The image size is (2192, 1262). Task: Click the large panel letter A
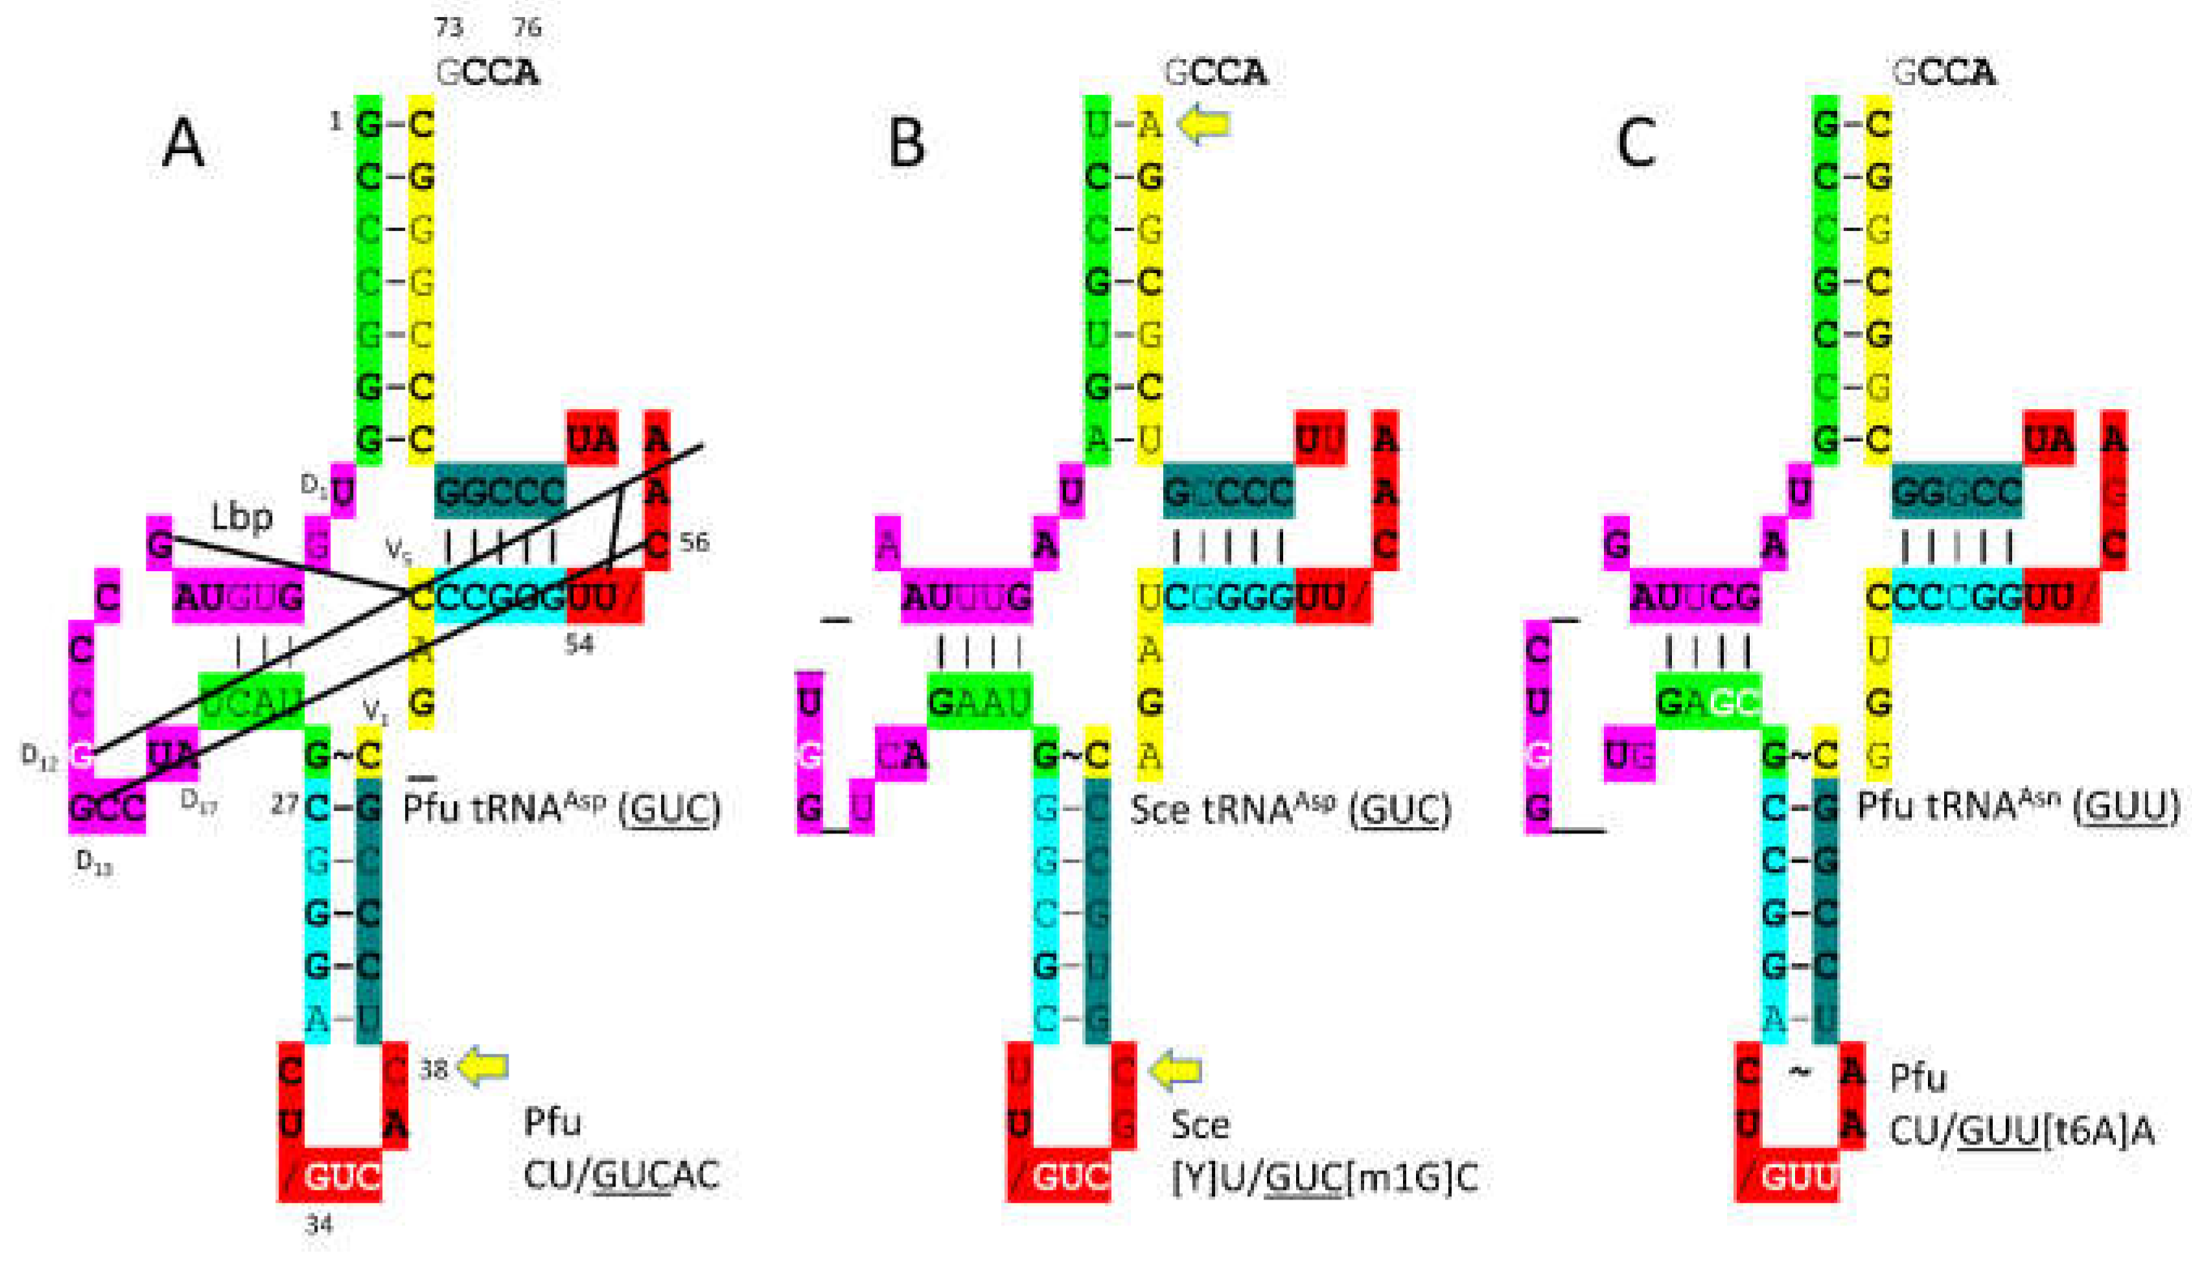[183, 144]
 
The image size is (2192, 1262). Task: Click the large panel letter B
[906, 144]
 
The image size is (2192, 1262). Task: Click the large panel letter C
[1636, 144]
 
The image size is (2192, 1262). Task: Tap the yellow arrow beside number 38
[484, 1067]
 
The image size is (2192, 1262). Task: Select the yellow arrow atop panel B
[1204, 124]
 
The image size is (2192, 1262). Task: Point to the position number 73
[449, 28]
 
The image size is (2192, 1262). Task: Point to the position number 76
[527, 28]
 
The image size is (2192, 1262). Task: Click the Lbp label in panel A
[242, 518]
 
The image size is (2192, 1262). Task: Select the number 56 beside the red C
[694, 543]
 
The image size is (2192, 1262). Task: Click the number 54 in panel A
[579, 644]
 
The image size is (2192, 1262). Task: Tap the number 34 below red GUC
[319, 1225]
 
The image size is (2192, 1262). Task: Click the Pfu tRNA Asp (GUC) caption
[561, 809]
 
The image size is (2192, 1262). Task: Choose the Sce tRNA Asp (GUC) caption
[1290, 809]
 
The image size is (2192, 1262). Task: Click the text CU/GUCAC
[621, 1176]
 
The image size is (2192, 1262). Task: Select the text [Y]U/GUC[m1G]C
[1324, 1178]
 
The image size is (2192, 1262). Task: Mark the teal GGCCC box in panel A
[500, 492]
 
